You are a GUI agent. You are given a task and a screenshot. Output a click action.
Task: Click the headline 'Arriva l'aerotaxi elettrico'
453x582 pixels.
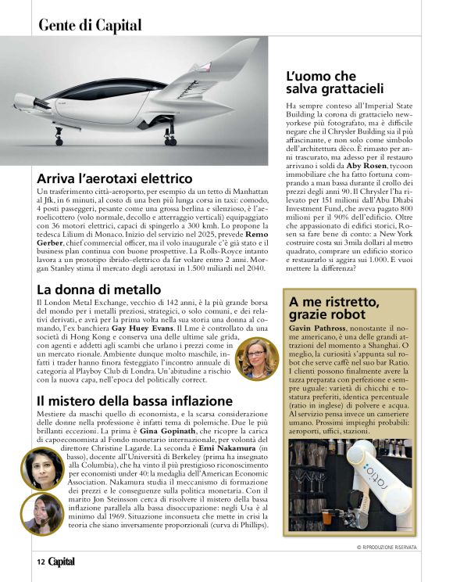point(114,178)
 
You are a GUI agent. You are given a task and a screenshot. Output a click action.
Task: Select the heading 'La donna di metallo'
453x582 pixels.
point(99,289)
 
